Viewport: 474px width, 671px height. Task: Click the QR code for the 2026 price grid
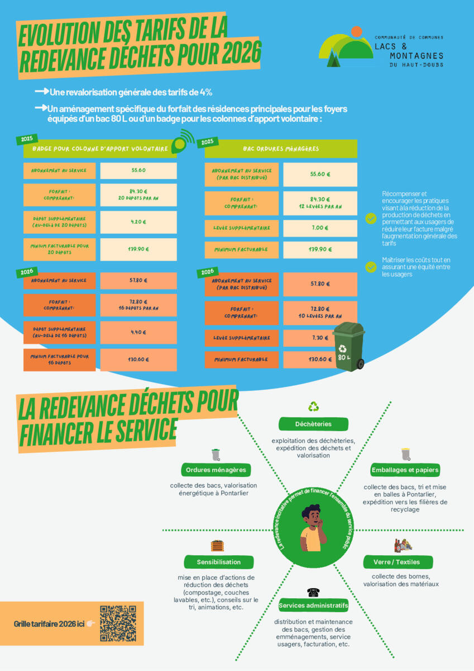[x=118, y=623]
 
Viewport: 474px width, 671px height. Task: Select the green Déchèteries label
[x=313, y=424]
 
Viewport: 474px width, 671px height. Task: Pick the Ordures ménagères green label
[x=216, y=470]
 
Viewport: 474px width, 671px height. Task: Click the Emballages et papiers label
[x=405, y=470]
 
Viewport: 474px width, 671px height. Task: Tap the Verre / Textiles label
[x=399, y=561]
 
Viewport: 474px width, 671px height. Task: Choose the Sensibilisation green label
[x=219, y=561]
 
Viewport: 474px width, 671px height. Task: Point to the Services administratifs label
[x=313, y=606]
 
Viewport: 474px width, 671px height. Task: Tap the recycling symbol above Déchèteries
[x=314, y=407]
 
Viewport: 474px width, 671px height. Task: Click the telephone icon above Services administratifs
[x=313, y=592]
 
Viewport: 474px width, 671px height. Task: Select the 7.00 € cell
[x=320, y=228]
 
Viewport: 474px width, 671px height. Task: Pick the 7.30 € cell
[x=320, y=338]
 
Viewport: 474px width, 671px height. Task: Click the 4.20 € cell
[x=138, y=221]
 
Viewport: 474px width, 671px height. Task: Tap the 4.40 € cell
[x=138, y=332]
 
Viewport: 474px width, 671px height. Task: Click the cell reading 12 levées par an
[x=320, y=203]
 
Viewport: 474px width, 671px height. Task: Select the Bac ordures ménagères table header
[x=281, y=149]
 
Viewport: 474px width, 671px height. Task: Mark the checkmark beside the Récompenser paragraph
[x=371, y=219]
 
